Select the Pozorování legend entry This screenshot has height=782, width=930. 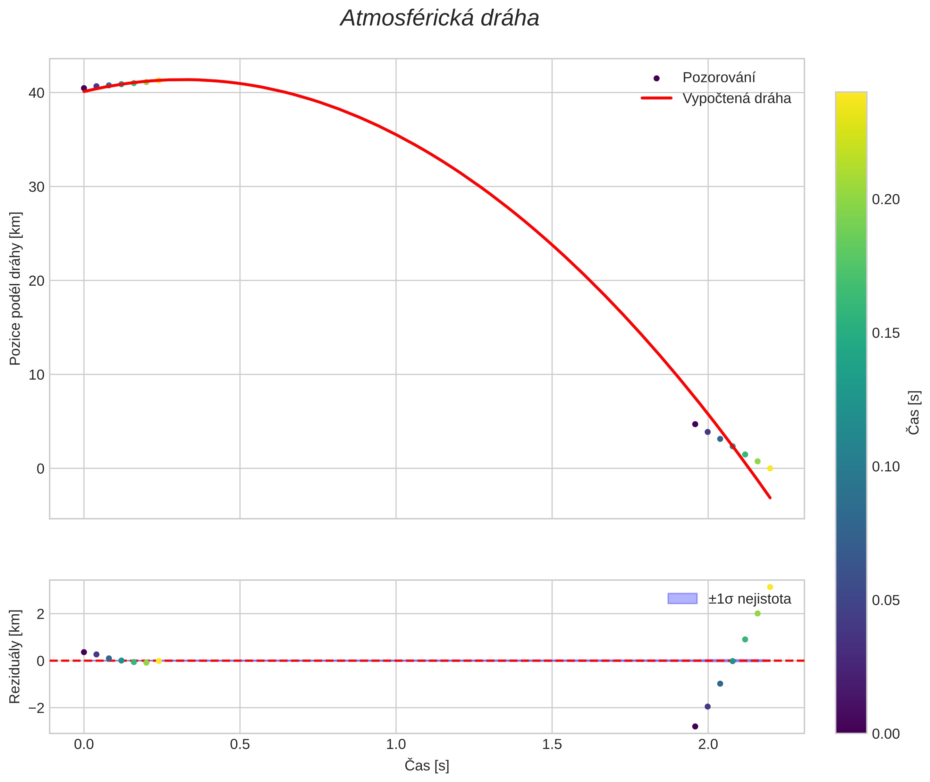718,78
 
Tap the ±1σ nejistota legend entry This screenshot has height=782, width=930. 749,599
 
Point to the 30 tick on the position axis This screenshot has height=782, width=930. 36,187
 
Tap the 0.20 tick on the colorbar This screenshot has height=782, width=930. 886,200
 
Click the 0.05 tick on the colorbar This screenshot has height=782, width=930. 886,600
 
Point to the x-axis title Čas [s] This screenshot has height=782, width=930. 426,766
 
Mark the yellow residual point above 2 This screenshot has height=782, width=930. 770,587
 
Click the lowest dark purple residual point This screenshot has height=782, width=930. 695,726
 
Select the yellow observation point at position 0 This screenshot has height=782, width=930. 770,468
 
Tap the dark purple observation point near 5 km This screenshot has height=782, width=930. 695,424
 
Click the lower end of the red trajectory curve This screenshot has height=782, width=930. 770,497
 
